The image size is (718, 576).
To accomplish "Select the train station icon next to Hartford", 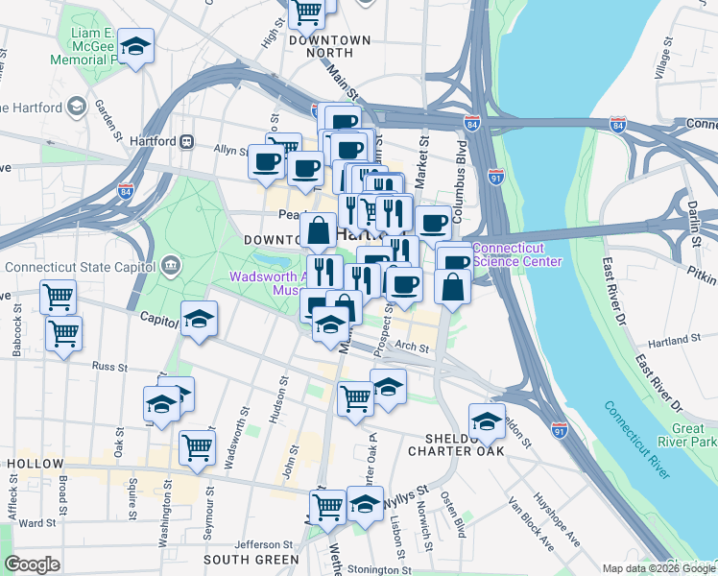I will click(x=188, y=141).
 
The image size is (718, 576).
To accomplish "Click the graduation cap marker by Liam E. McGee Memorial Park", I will click(x=136, y=48).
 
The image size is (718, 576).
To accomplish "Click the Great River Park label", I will click(x=685, y=435).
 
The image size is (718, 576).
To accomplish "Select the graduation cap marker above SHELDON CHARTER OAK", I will click(x=487, y=420).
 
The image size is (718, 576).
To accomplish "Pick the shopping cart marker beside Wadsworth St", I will click(x=197, y=447).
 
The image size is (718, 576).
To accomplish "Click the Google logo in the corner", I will click(x=32, y=564).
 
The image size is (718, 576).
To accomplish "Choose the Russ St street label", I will click(x=109, y=366).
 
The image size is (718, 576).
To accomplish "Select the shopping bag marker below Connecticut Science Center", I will click(x=452, y=286).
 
